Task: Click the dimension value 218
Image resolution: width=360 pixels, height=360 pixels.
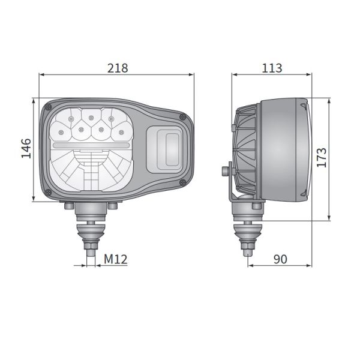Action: [118, 68]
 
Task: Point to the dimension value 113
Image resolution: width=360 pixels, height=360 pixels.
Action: [272, 68]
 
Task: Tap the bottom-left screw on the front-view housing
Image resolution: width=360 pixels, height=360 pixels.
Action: [48, 191]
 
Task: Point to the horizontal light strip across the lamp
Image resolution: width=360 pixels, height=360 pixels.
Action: [91, 145]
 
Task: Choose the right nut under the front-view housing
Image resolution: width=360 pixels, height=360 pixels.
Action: [113, 206]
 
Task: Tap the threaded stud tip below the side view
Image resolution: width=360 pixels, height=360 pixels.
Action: [247, 251]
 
